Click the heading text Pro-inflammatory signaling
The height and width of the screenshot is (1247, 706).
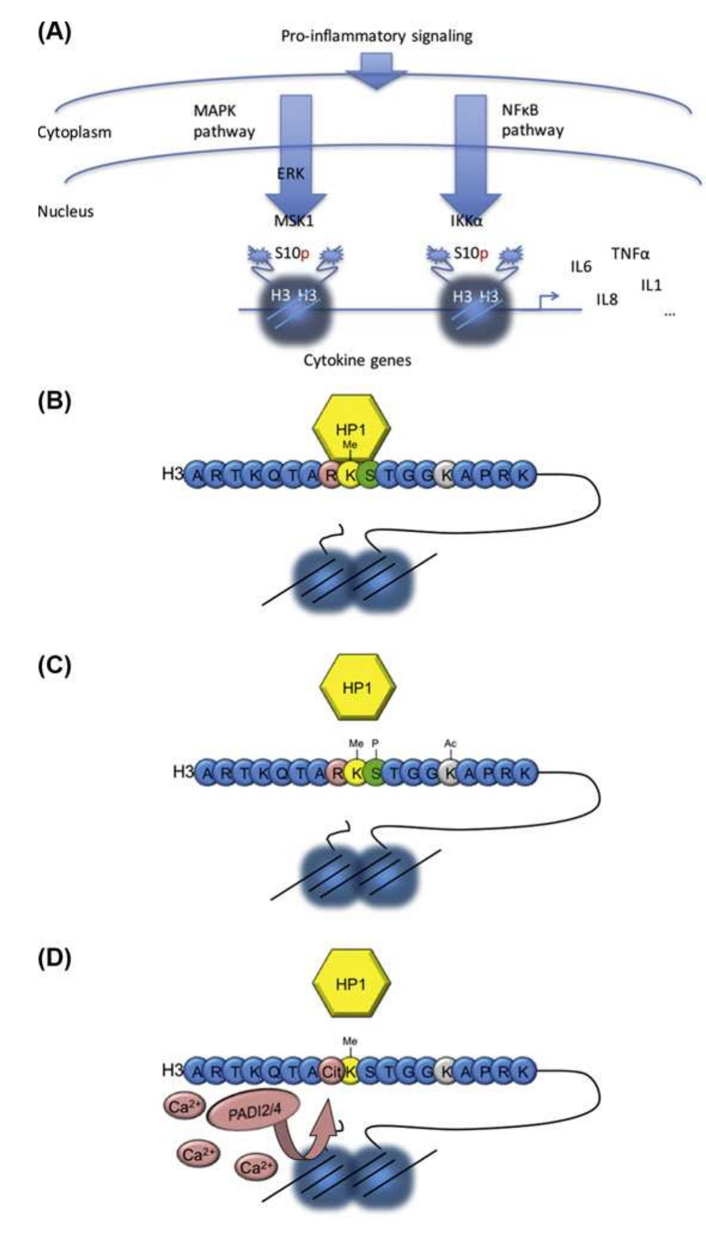[x=376, y=36]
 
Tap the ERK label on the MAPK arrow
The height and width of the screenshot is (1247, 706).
[x=291, y=173]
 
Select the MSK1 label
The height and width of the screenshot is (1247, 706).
[x=293, y=220]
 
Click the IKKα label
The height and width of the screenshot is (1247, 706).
[x=466, y=220]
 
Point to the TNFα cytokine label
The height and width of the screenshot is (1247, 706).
[x=630, y=254]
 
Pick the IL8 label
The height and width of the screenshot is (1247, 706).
[x=607, y=299]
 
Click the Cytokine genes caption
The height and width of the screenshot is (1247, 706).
[x=357, y=360]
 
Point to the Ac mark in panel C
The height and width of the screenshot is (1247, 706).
[x=450, y=743]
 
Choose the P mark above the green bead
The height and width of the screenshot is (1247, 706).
[x=375, y=743]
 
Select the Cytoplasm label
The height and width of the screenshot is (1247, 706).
[x=74, y=132]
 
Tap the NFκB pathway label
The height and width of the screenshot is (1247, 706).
[x=532, y=120]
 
